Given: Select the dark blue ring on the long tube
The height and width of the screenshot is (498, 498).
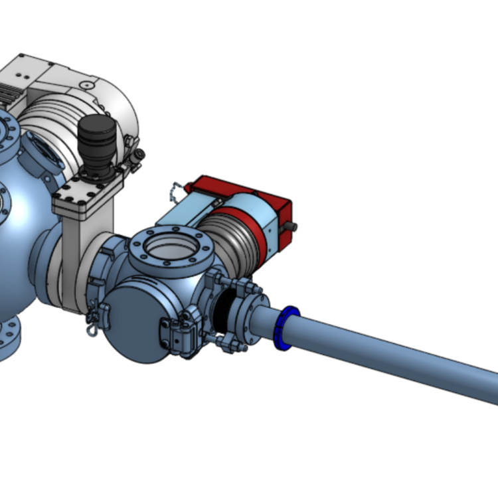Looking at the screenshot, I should point(286,327).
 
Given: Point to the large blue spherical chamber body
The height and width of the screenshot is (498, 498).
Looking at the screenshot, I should point(20,252).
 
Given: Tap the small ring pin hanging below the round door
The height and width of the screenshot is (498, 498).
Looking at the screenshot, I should point(92,328).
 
